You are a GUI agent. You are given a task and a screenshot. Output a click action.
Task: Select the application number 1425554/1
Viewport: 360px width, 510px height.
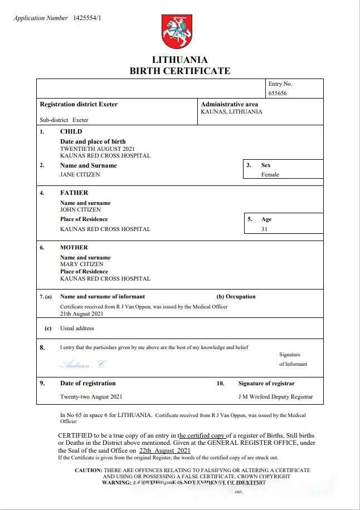point(87,18)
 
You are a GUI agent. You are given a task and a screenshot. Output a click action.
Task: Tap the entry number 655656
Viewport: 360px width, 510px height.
point(278,94)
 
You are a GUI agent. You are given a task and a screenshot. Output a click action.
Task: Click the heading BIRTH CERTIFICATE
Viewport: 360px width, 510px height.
point(179,71)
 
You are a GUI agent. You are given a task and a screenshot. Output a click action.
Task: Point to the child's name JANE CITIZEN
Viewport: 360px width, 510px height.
point(80,174)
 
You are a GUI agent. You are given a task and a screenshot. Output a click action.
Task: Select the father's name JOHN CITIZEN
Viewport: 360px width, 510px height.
point(80,210)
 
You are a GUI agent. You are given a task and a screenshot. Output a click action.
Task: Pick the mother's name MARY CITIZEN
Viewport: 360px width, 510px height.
point(81,264)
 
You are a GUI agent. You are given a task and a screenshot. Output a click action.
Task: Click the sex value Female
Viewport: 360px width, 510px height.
point(270,174)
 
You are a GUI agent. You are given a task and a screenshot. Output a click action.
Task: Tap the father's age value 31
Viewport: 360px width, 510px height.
point(264,229)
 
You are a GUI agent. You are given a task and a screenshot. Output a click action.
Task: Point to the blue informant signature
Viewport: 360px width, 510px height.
point(82,365)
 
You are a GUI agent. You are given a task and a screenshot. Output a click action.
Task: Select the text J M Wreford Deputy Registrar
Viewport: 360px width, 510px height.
point(275,397)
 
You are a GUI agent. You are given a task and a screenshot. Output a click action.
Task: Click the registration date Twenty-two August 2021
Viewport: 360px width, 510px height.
point(91,397)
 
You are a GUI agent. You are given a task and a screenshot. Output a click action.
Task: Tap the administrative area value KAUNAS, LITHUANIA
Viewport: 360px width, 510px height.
point(231,111)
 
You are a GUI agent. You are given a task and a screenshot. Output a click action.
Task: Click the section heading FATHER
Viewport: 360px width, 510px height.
point(74,193)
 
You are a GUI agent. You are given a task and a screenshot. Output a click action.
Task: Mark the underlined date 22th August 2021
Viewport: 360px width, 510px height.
point(165,450)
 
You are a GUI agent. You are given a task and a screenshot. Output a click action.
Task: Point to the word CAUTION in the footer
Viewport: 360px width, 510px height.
point(88,470)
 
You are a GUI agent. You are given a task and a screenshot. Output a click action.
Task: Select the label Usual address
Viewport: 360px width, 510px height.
point(77,328)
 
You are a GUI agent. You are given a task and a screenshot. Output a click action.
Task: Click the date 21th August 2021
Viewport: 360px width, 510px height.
point(82,313)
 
